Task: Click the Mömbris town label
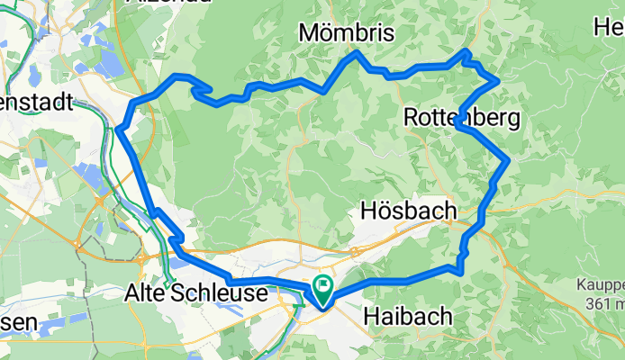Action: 347,33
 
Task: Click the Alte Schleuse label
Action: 196,294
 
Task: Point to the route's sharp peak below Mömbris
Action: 357,53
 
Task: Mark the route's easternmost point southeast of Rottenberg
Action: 509,160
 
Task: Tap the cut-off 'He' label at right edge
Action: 609,28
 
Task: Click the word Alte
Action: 143,294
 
